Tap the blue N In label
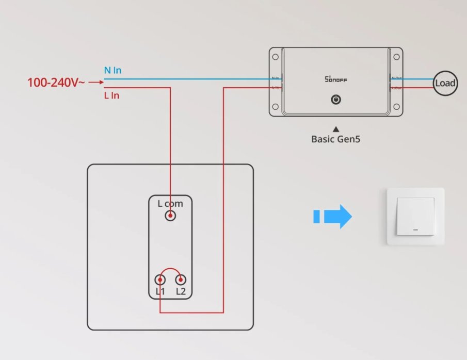coord(112,70)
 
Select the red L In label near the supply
coord(111,95)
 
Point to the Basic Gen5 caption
coord(335,139)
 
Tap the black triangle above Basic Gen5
coord(335,128)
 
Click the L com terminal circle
coord(170,216)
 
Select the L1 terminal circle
coord(160,280)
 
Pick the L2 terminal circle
coord(180,280)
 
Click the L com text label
coord(170,203)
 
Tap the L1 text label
coord(160,291)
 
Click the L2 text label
coord(180,291)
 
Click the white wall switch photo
coord(415,217)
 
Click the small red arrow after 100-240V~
coord(94,82)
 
